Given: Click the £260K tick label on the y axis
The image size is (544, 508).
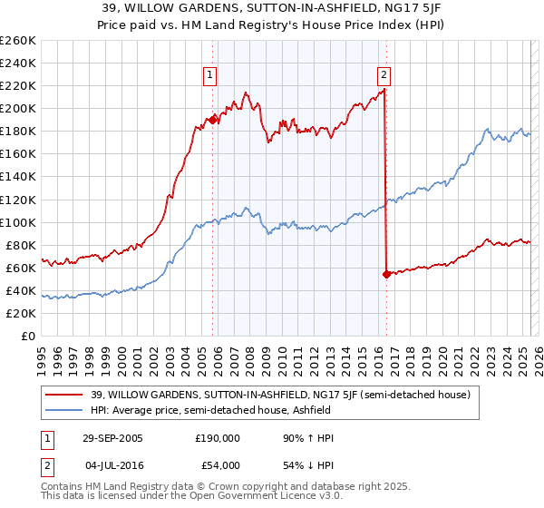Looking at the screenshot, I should (x=18, y=41).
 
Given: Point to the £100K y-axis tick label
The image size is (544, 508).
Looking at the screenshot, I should (x=18, y=222).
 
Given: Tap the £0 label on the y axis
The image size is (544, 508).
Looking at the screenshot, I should (x=27, y=337).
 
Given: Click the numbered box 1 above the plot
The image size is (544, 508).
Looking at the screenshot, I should (x=210, y=75).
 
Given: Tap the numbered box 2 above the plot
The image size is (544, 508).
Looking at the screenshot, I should (x=384, y=75).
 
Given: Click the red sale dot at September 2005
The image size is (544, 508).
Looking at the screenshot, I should (x=213, y=120).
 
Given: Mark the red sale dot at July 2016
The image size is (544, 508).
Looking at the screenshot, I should (x=386, y=274).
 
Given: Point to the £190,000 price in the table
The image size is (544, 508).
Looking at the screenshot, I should (x=217, y=438).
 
